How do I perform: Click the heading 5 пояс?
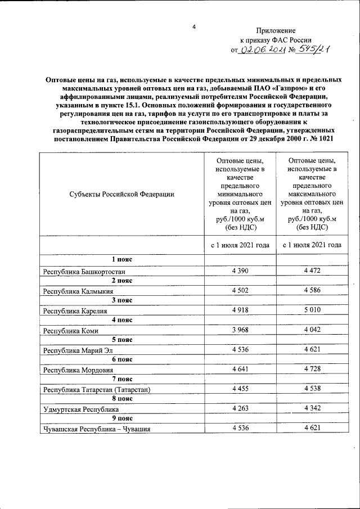[121, 340]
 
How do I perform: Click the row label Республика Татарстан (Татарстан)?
[98, 390]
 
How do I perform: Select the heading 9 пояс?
[121, 419]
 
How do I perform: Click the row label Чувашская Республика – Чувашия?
[98, 430]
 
